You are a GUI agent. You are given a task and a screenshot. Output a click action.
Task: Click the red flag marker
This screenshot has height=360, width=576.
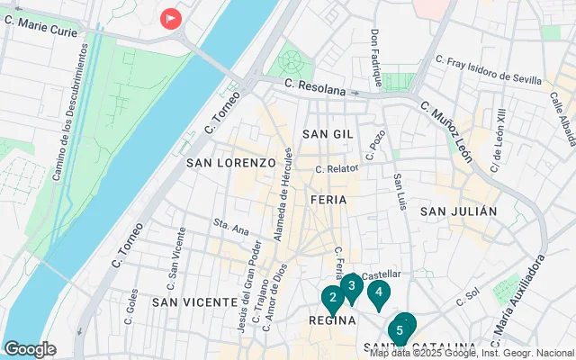tap(170, 18)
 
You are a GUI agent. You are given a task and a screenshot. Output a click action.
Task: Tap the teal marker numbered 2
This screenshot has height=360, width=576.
tap(332, 298)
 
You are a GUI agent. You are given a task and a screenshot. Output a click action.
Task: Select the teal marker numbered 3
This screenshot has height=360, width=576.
tap(352, 287)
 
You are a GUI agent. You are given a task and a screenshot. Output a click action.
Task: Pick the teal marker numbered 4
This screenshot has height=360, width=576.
tap(380, 292)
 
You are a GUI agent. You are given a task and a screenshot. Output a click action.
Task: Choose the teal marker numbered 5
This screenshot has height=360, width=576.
tap(399, 330)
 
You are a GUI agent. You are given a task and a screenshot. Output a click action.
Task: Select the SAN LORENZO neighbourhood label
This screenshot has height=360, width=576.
tap(230, 163)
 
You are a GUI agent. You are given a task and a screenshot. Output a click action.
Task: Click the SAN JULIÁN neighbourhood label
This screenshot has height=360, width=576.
tap(458, 211)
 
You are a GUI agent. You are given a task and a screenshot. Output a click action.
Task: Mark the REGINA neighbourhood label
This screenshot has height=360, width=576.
tap(333, 319)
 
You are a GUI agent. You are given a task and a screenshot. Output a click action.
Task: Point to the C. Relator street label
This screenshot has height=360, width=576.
tap(337, 168)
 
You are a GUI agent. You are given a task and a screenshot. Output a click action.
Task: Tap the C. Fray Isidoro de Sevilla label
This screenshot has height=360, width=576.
tap(489, 69)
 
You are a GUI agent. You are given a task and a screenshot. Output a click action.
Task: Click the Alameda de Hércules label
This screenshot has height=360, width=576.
tap(280, 194)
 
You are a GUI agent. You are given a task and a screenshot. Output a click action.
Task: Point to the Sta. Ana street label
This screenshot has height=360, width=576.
tap(230, 225)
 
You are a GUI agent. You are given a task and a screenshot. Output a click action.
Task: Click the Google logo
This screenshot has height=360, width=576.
tap(30, 349)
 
